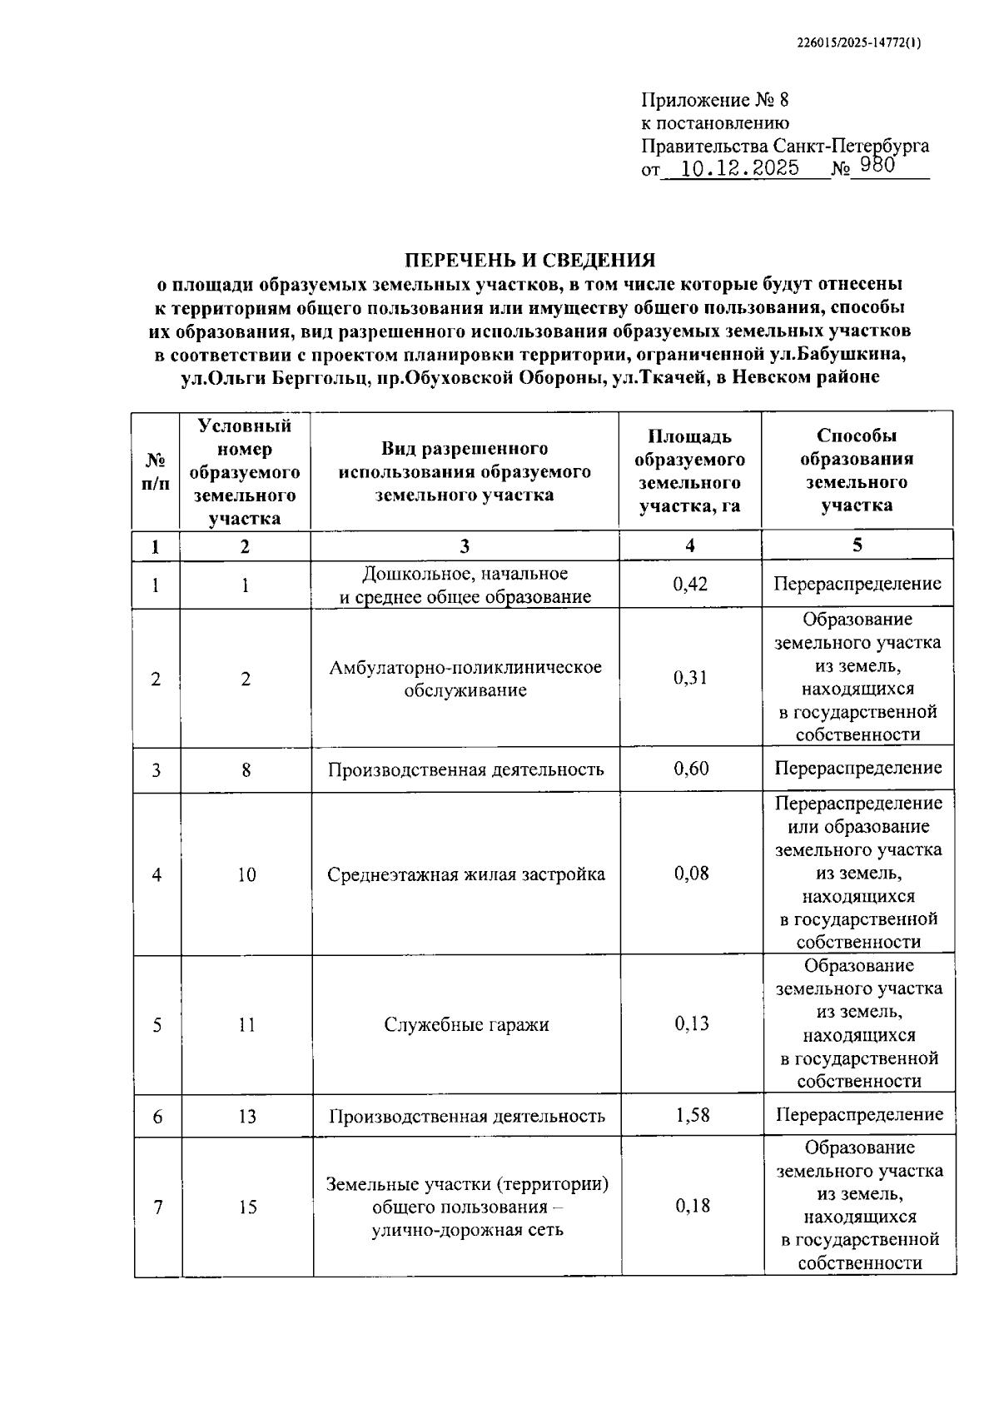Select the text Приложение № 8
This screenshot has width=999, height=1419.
pos(714,101)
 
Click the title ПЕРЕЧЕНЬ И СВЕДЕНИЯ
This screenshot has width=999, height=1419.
pos(529,260)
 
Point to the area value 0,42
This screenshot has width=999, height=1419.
pos(690,584)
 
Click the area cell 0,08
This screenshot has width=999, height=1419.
pos(692,873)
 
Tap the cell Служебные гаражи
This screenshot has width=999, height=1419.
pos(466,1024)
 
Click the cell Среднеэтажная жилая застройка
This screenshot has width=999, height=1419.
pos(466,874)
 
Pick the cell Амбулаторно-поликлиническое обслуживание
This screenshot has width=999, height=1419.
pos(465,679)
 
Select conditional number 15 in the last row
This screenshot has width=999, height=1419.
pos(247,1207)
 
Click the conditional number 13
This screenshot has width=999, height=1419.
pos(247,1116)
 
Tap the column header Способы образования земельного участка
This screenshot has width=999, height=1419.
pos(857,471)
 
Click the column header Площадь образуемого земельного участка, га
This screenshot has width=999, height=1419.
pos(689,471)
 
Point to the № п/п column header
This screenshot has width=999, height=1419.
pos(156,471)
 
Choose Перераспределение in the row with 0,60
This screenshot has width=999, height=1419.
pos(858,768)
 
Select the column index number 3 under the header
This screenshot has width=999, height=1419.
pos(465,546)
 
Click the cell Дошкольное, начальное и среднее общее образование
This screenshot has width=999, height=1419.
pos(465,585)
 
